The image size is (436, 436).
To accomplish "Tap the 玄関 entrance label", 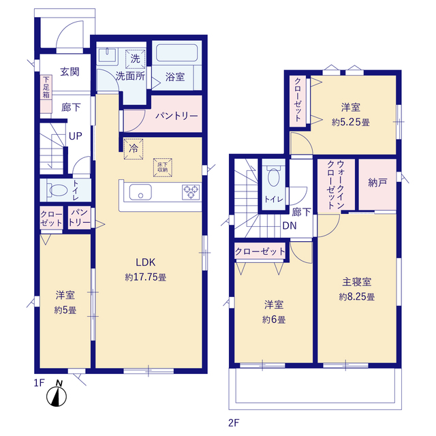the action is pos(69,72).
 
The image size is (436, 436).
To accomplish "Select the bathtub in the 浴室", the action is pos(177,53).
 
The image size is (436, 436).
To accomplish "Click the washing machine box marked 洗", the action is pos(135,59).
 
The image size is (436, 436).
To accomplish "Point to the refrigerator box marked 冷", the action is pos(134,149).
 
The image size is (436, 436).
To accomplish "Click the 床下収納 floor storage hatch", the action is pos(163,168).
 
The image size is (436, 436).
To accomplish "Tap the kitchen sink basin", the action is pos(140,192).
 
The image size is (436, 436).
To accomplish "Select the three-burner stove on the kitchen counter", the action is pos(191,192).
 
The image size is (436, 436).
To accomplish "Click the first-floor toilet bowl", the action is pos(59,190).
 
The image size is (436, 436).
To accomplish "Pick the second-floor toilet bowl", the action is pos(274,177).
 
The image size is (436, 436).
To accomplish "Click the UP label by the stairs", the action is pos(76,136).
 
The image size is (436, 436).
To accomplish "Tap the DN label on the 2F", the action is pos(290,225).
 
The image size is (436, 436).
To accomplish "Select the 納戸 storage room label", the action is pos(377,183).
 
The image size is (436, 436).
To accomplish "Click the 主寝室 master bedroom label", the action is pos(357,282).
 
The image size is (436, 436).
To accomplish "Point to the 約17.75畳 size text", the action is pos(146,277).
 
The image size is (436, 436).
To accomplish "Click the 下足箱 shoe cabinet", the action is pos(46,94).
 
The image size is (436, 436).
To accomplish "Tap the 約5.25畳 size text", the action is pos(351,123).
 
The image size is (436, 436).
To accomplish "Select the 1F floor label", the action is pos(40,383).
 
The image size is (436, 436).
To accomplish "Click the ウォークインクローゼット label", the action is pos(336,185).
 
